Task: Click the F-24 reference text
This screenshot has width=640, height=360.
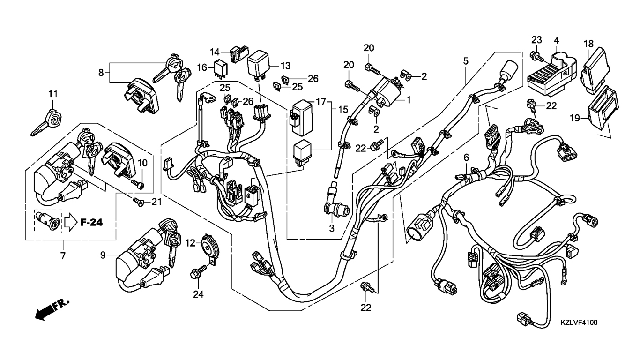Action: coord(91,223)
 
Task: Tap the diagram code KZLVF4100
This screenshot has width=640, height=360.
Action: coord(579,322)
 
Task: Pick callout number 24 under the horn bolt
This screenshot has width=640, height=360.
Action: coord(199,294)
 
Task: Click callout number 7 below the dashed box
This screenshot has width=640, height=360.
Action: coord(62,255)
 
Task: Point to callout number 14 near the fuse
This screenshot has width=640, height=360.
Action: coord(215,52)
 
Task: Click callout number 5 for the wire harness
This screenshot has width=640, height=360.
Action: coord(466,60)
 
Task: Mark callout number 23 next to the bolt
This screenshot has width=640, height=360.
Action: coord(536,39)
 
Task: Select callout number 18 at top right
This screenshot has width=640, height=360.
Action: coord(588,44)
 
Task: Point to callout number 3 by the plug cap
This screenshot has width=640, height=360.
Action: coord(331,228)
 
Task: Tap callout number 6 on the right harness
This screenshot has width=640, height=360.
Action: coord(466,157)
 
